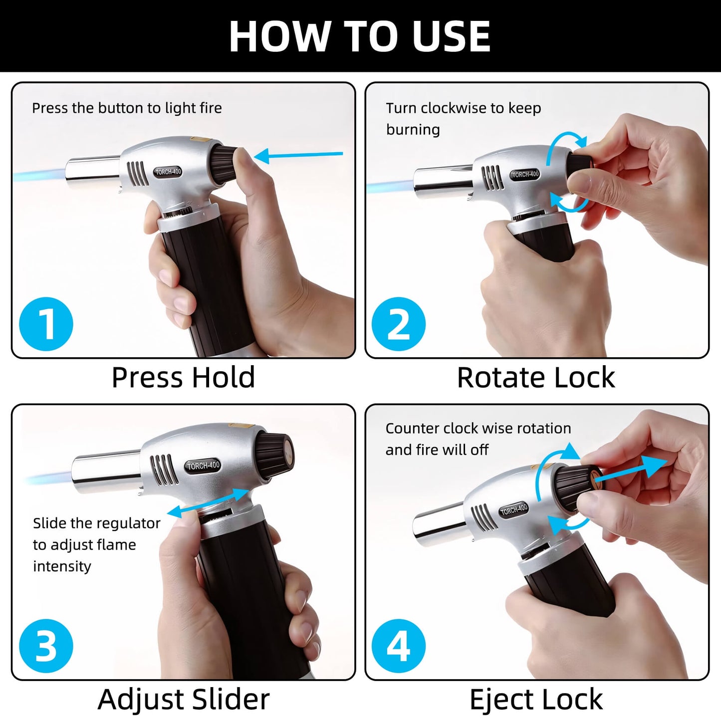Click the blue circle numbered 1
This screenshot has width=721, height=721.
pos(46,324)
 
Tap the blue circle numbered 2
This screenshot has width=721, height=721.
pos(399,324)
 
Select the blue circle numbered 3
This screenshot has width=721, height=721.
pos(46,646)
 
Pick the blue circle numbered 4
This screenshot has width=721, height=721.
pos(399,646)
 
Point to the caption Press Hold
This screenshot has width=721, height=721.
pos(183,377)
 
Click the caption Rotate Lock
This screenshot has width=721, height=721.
pos(536,377)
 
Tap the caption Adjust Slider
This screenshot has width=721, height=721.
pos(183,699)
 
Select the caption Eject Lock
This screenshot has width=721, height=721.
pos(536,699)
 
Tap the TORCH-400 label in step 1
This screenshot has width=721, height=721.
pos(168,172)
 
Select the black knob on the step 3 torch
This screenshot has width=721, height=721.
pos(274,456)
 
